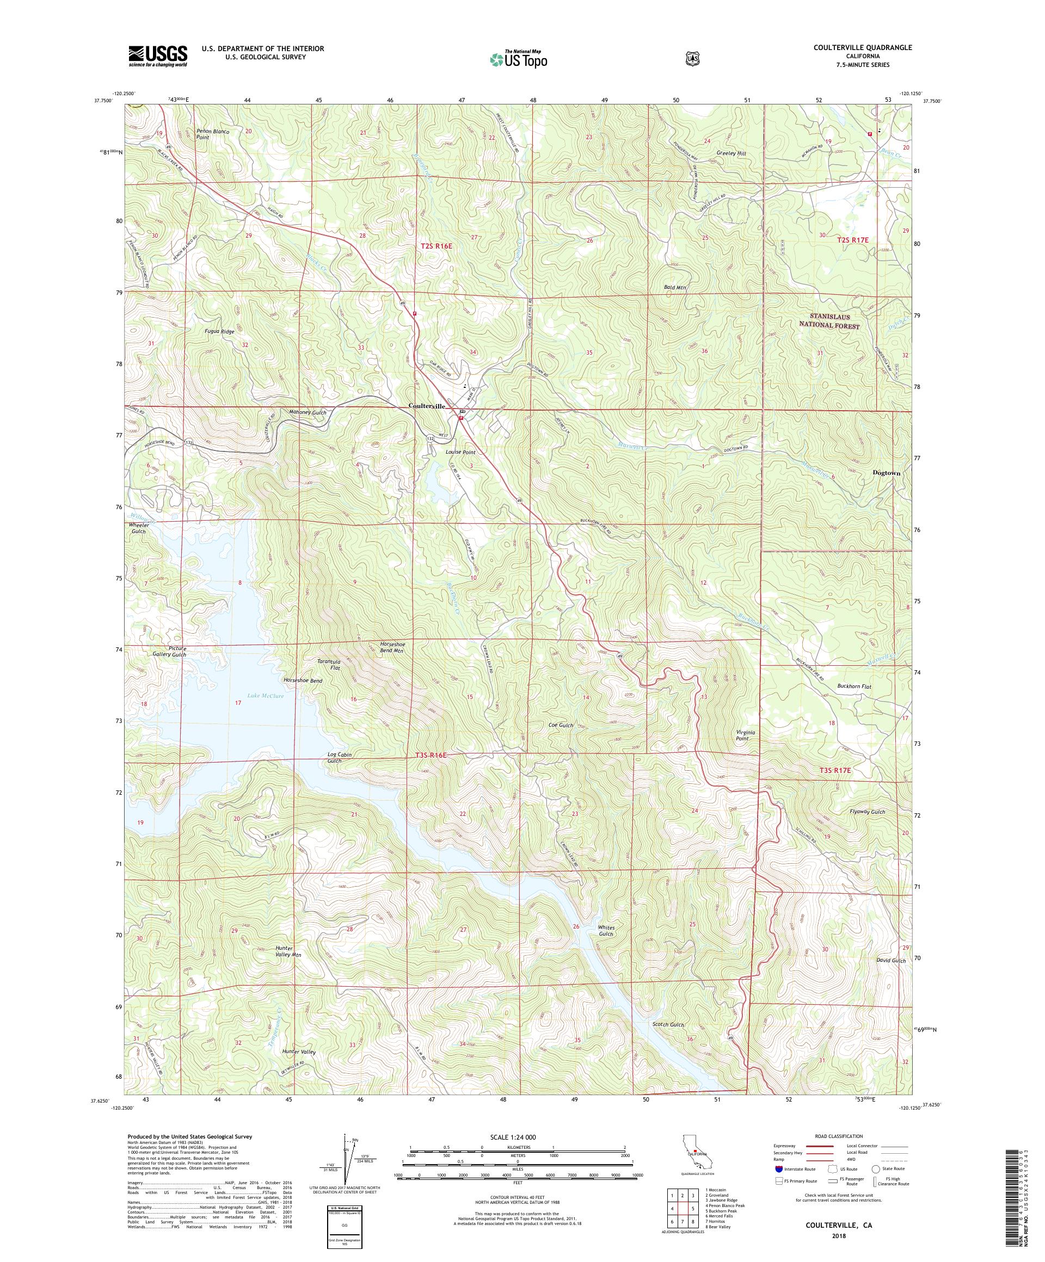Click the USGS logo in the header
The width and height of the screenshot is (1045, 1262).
[157, 56]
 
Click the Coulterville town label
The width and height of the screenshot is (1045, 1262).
[427, 406]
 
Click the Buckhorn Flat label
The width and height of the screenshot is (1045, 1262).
[854, 686]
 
